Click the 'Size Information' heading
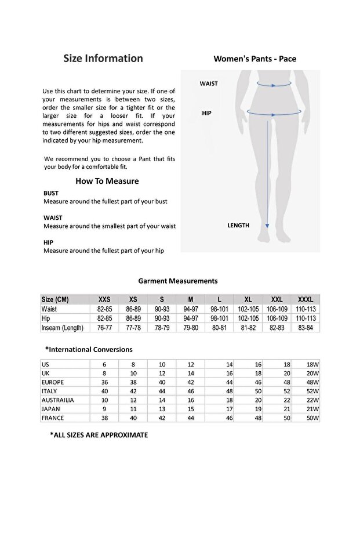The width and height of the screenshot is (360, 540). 103,58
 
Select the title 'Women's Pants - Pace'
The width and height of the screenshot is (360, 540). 255,59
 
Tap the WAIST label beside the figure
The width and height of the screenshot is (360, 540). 209,84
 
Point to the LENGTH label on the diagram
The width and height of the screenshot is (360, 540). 238,225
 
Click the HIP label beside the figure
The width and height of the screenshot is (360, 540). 206,113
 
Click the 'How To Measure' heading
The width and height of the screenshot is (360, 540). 107,181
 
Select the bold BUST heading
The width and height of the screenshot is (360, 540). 51,193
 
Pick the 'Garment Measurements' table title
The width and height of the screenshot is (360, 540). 178,281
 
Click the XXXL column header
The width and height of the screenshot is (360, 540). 306,299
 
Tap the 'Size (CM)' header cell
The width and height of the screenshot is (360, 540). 55,299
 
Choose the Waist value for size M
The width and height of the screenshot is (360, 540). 191,309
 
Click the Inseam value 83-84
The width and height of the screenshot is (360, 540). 306,328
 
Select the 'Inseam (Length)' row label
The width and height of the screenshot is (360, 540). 62,328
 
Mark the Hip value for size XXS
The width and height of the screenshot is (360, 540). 104,318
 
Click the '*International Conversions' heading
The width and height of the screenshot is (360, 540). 89,349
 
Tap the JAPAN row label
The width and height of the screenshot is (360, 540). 51,408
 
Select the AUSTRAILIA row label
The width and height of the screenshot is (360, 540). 57,400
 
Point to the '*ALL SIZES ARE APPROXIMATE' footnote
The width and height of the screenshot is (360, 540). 99,434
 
